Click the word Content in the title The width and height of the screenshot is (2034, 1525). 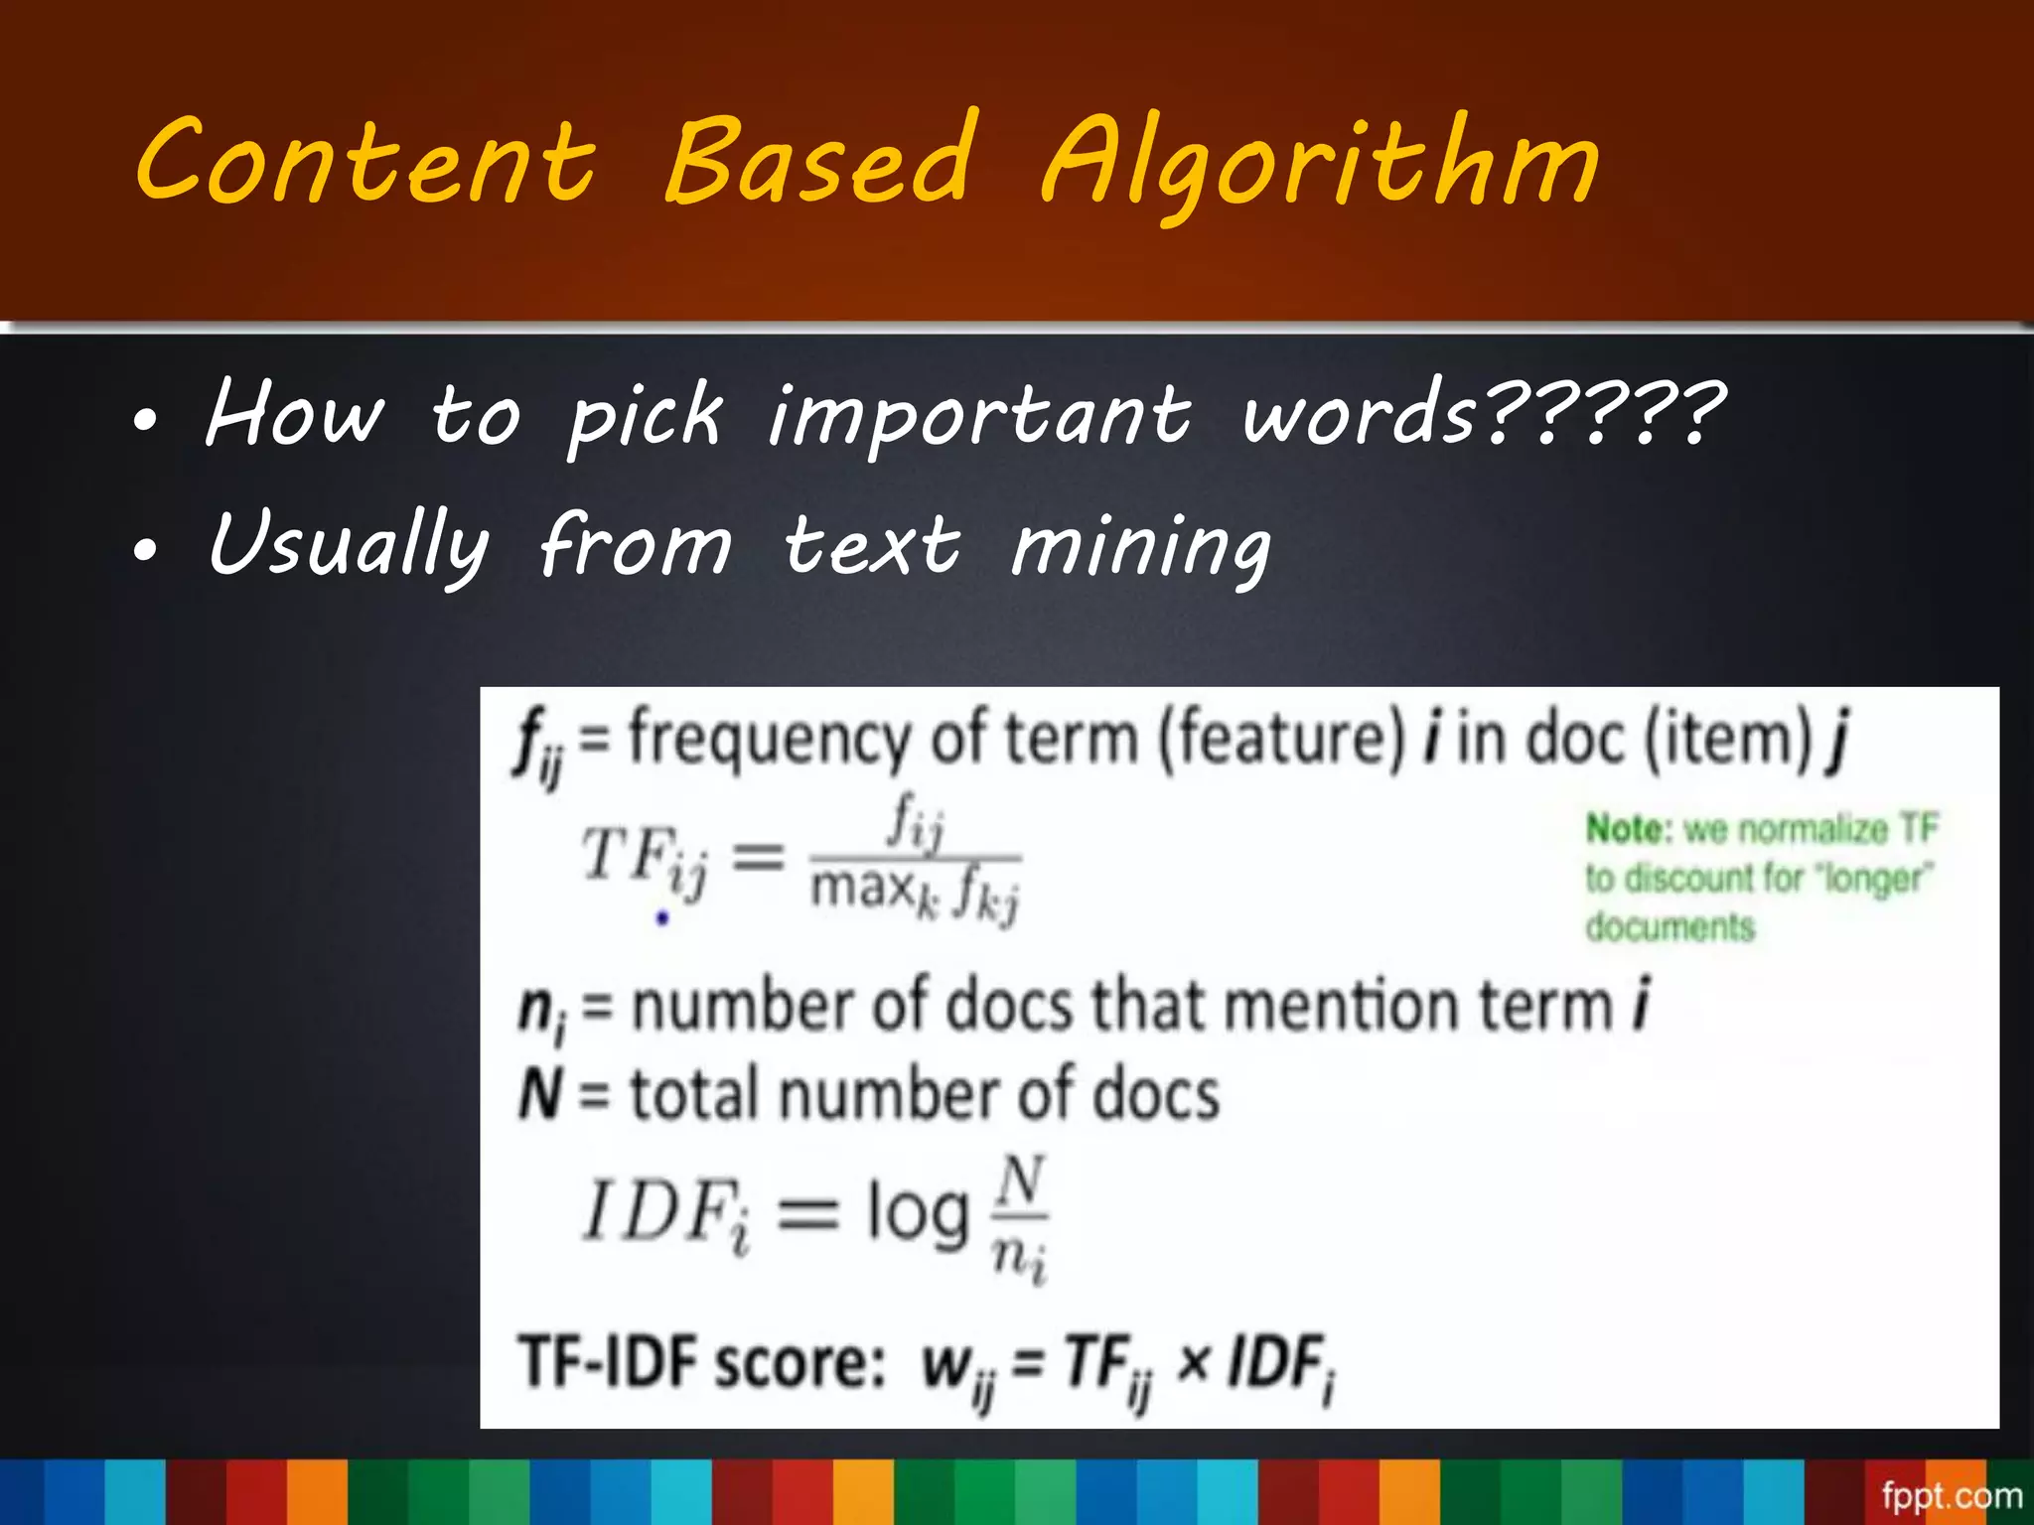tap(365, 161)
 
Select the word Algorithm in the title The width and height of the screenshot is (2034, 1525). tap(1321, 164)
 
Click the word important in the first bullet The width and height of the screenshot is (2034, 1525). tap(979, 417)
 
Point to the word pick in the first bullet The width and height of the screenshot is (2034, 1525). tap(645, 417)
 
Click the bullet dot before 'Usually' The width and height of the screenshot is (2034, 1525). tap(145, 550)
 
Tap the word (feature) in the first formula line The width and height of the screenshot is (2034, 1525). tap(1282, 739)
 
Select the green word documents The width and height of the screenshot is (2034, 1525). tap(1670, 927)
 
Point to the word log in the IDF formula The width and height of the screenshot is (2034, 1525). tap(918, 1212)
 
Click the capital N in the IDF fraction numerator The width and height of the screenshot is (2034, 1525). tap(1021, 1182)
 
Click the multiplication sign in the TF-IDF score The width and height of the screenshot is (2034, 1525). tap(1192, 1362)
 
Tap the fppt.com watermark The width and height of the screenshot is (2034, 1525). tap(1951, 1495)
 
